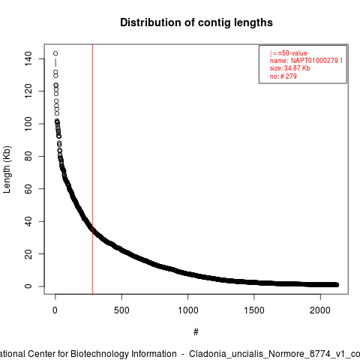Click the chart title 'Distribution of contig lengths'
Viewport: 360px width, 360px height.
click(196, 22)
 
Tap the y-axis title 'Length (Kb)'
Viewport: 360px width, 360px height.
click(7, 169)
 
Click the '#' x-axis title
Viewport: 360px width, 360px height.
click(196, 332)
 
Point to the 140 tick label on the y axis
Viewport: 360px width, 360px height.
click(28, 58)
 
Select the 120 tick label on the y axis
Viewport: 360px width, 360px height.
click(28, 91)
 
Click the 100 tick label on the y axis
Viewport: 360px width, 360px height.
click(28, 124)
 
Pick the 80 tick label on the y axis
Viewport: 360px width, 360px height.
click(28, 156)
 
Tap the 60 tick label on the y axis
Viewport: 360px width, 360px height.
click(28, 189)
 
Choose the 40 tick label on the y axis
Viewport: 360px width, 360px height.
click(28, 221)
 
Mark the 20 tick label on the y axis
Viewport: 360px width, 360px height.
click(28, 253)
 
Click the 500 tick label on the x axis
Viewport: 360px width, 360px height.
click(121, 310)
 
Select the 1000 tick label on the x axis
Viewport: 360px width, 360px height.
click(188, 310)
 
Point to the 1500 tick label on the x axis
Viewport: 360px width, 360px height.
click(254, 310)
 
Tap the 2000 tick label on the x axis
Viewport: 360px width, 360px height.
click(320, 310)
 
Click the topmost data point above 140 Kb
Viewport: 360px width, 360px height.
click(55, 53)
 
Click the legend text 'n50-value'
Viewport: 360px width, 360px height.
click(292, 53)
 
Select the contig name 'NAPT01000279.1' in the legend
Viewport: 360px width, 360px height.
click(316, 61)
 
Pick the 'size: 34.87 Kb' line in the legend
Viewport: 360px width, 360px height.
click(290, 68)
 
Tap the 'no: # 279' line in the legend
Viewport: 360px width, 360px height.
click(283, 76)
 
